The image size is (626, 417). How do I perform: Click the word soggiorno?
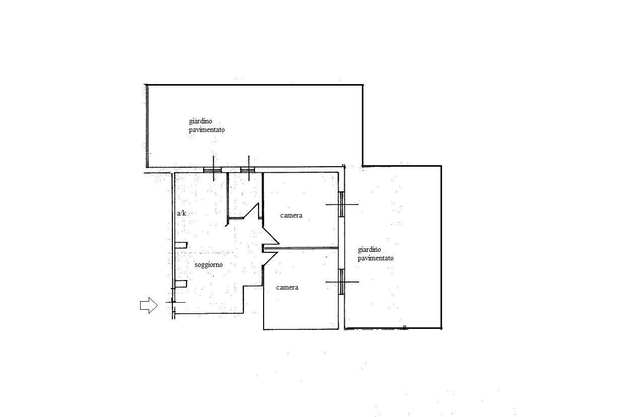(209, 265)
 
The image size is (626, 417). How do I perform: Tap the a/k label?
(181, 213)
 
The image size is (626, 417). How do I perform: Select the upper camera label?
(291, 216)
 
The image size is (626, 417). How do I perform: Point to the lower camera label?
(287, 288)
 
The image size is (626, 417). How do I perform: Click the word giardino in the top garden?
(201, 121)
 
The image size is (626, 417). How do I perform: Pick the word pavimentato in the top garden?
(207, 130)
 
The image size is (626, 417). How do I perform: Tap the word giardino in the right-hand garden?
(369, 249)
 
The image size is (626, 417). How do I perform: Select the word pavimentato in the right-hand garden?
(375, 258)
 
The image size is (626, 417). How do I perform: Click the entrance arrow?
(149, 305)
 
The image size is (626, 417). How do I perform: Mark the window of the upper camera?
(341, 204)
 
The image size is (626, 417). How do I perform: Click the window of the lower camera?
(341, 282)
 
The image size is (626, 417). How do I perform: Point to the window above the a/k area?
(212, 170)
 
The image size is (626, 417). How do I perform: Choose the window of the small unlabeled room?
(247, 170)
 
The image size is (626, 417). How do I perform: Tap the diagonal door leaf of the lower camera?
(270, 259)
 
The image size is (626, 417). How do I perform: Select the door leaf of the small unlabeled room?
(251, 211)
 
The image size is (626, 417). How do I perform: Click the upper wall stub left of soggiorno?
(181, 245)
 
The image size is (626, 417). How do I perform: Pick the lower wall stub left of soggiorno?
(180, 284)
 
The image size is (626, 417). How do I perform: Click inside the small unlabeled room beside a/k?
(245, 193)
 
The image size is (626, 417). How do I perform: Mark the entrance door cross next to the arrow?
(174, 302)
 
